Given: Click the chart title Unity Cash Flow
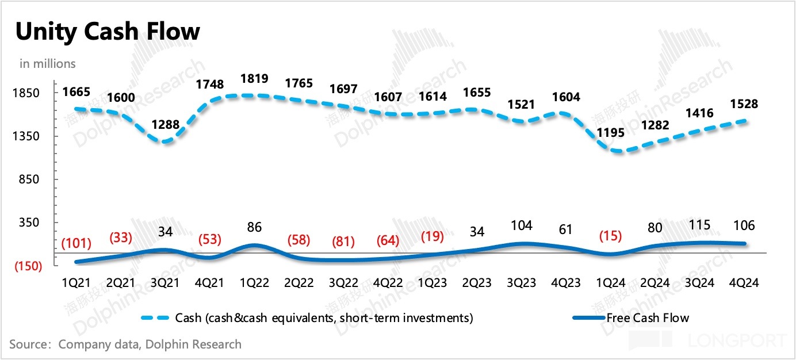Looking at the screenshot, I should (108, 32).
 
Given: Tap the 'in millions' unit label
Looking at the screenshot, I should (48, 64).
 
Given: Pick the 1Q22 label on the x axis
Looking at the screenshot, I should (254, 283).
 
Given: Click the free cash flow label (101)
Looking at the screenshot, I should (76, 243).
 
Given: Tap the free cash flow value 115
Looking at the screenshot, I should (700, 225).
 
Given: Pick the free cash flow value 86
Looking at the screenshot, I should (254, 227).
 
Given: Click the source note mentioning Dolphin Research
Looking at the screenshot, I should (125, 344).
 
